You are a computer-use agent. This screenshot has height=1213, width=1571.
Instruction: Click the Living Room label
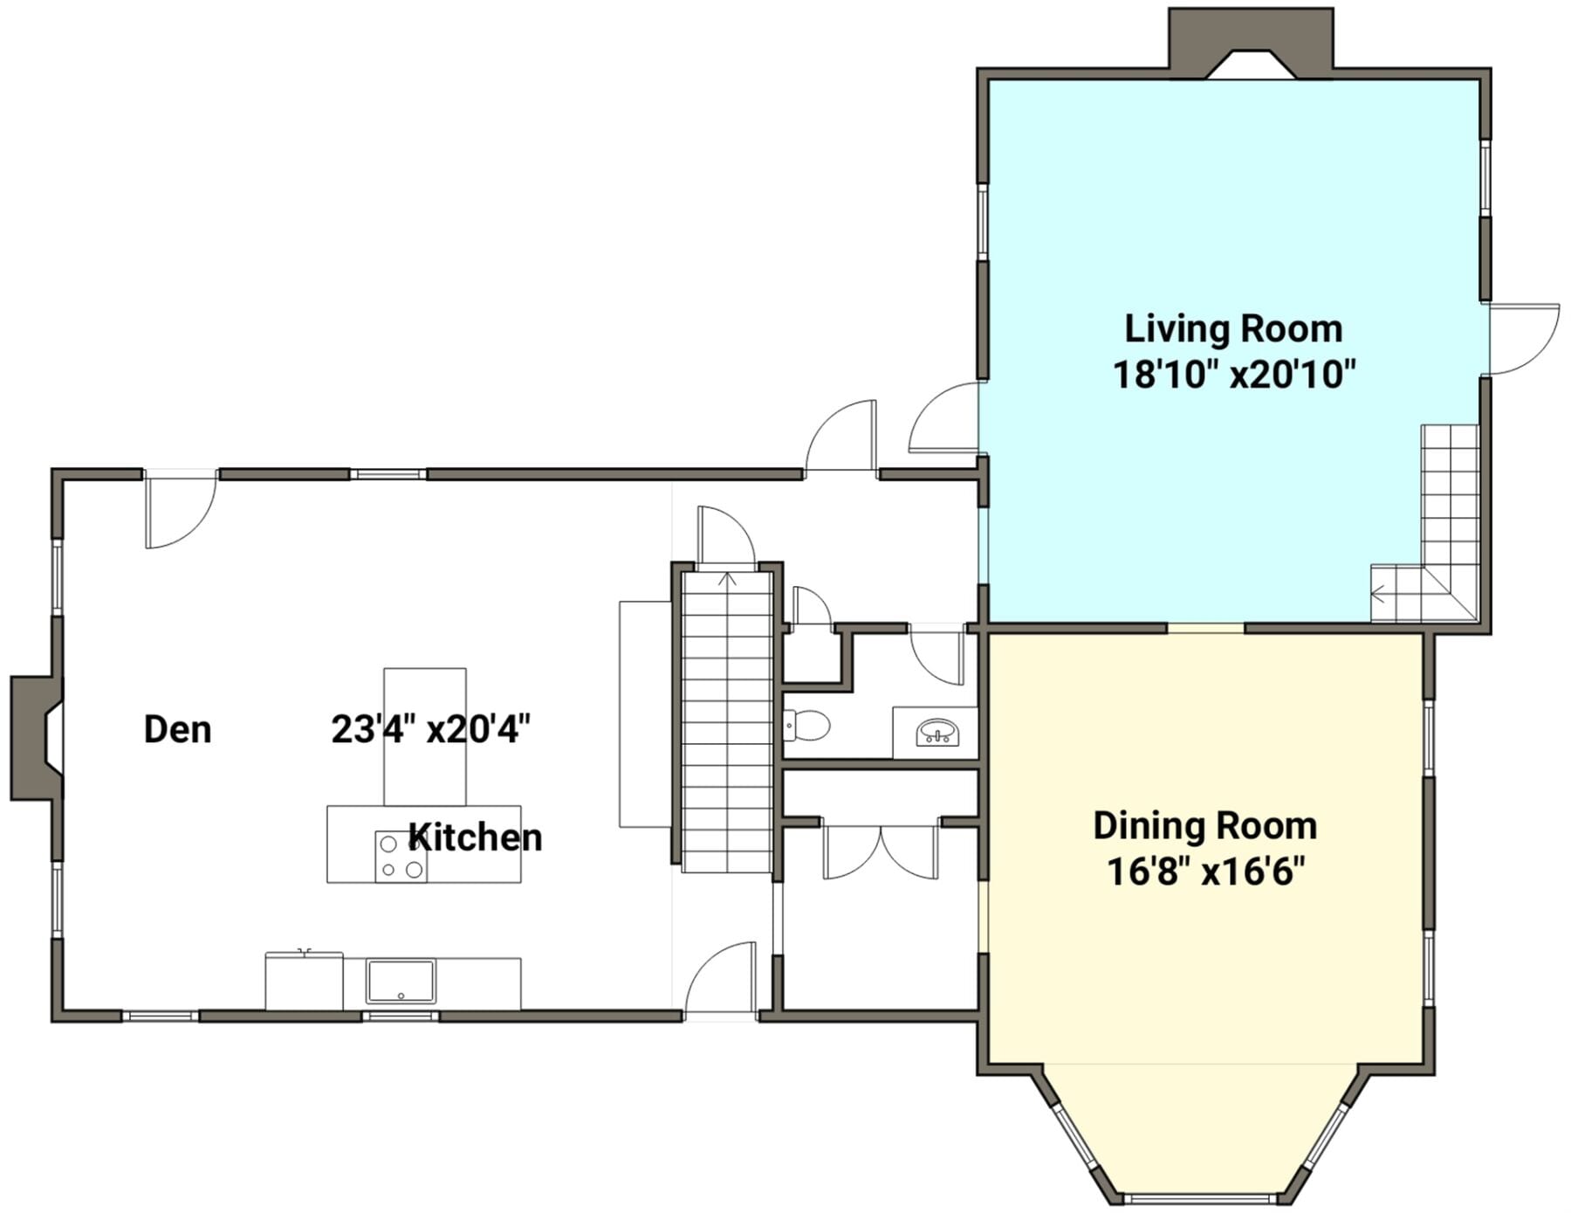(1232, 328)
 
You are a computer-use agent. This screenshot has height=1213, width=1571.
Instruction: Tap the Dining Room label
(1204, 825)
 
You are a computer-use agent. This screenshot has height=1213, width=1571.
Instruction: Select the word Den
(177, 729)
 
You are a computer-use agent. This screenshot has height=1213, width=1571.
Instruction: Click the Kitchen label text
(476, 837)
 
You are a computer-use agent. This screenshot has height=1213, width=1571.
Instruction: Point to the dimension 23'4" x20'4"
(431, 728)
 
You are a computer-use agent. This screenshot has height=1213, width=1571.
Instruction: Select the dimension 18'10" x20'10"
(1234, 375)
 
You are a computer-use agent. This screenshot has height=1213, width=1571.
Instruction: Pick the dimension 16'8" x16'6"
(1205, 872)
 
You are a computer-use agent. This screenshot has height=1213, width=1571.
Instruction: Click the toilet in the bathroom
(807, 724)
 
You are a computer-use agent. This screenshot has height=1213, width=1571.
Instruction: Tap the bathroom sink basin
(937, 732)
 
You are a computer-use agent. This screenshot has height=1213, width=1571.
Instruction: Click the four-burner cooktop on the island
(401, 857)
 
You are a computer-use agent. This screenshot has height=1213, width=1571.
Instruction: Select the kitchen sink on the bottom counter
(401, 981)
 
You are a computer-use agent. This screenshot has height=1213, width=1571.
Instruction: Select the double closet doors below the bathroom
(881, 851)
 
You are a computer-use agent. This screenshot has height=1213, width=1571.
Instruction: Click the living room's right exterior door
(1524, 339)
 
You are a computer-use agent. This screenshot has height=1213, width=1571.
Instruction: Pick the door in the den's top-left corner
(181, 511)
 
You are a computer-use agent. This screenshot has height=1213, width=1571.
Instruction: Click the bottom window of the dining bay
(1204, 1197)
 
